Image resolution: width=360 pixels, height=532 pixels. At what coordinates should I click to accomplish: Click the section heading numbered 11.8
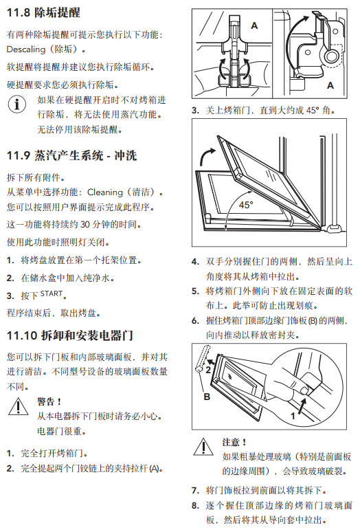(x=43, y=12)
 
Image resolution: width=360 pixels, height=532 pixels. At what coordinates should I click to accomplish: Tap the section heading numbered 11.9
(x=72, y=155)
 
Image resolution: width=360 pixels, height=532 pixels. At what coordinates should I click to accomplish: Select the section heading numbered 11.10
(x=70, y=335)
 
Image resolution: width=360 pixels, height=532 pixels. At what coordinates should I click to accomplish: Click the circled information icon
(x=17, y=104)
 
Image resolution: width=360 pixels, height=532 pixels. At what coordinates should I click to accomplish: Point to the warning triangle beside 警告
(x=18, y=406)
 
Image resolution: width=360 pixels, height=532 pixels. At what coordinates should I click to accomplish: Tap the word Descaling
(x=25, y=49)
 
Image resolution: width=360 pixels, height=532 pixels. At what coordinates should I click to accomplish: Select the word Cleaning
(x=105, y=192)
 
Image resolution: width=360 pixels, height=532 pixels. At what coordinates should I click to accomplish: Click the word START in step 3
(x=52, y=293)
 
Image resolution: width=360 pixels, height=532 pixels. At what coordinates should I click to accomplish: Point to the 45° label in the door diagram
(x=246, y=205)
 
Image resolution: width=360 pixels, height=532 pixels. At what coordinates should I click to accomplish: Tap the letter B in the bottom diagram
(x=207, y=397)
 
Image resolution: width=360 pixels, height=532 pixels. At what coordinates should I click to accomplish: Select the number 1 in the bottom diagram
(x=293, y=416)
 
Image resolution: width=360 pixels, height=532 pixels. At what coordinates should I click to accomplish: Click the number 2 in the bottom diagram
(x=208, y=370)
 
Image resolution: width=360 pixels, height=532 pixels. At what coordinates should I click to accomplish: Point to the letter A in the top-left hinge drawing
(x=254, y=25)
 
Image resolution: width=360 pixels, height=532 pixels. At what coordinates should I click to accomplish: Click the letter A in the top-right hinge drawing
(x=330, y=85)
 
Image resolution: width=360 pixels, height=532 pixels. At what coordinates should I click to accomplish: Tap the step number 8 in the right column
(x=195, y=505)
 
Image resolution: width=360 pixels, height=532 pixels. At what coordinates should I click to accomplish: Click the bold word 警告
(x=49, y=401)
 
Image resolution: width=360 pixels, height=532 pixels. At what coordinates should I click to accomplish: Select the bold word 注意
(x=234, y=442)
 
